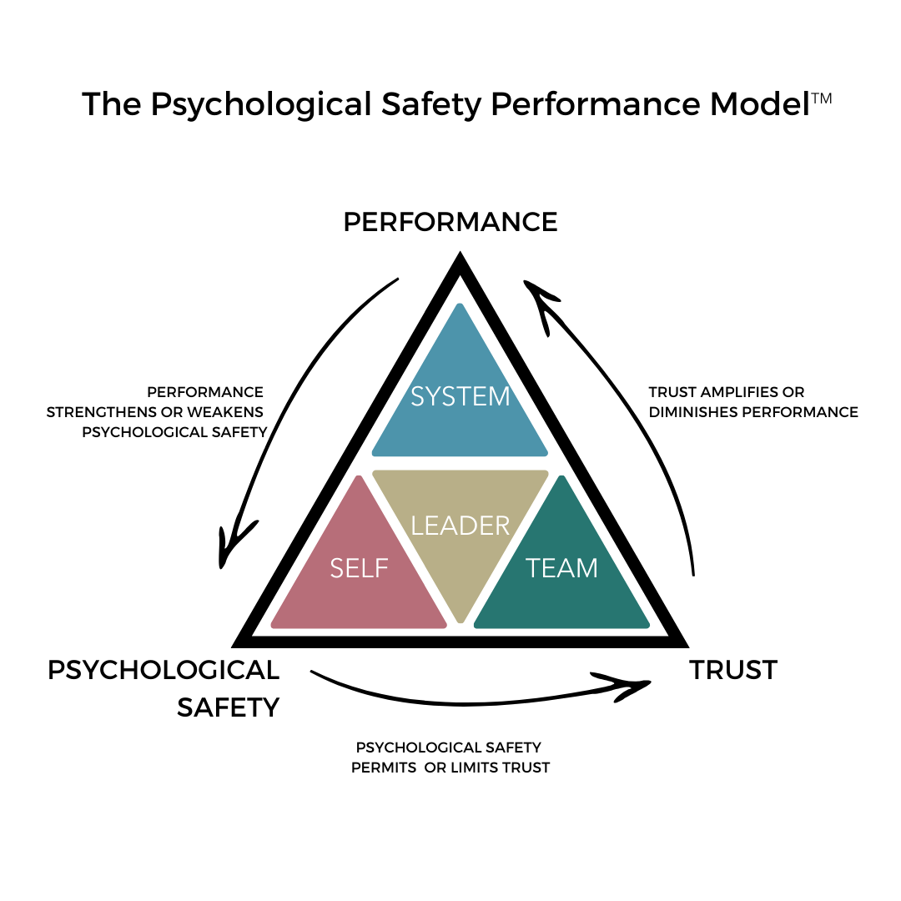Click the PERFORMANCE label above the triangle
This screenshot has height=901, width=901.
(x=450, y=222)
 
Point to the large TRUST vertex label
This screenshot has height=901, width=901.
(x=733, y=670)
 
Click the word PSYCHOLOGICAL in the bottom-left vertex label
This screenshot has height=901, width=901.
(x=164, y=670)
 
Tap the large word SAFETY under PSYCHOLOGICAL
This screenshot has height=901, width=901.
(x=228, y=707)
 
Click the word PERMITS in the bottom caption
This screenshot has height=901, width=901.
(x=385, y=768)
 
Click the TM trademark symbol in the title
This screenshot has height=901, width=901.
(x=822, y=98)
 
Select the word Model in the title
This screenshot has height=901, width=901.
(x=760, y=105)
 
